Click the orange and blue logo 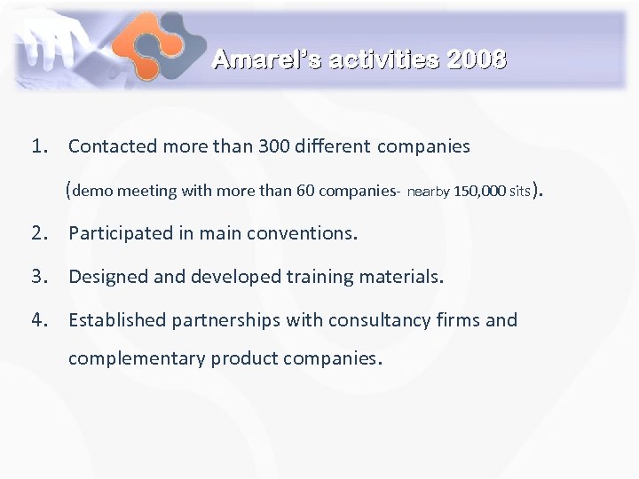point(161,45)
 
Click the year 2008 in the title point(477,60)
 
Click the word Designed point(108,277)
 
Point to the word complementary point(137,359)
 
